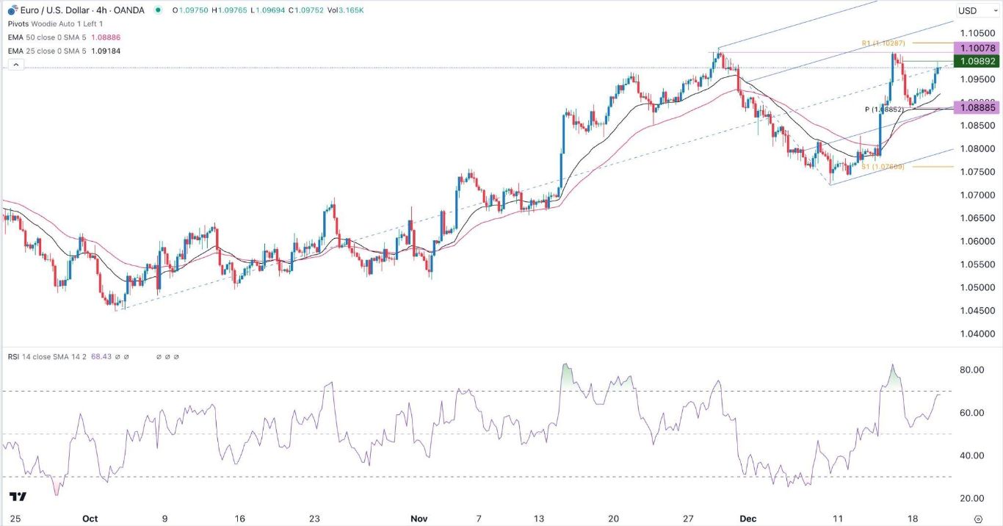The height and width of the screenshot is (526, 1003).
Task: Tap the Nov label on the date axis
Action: pos(419,518)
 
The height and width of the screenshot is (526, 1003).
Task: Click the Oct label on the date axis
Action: pos(90,518)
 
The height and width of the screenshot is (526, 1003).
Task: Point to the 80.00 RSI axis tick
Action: pos(969,370)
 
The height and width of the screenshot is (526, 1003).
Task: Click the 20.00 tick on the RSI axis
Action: pos(969,499)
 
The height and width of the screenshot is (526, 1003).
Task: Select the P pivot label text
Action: pos(886,109)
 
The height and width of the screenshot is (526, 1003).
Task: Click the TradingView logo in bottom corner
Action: pos(19,497)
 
